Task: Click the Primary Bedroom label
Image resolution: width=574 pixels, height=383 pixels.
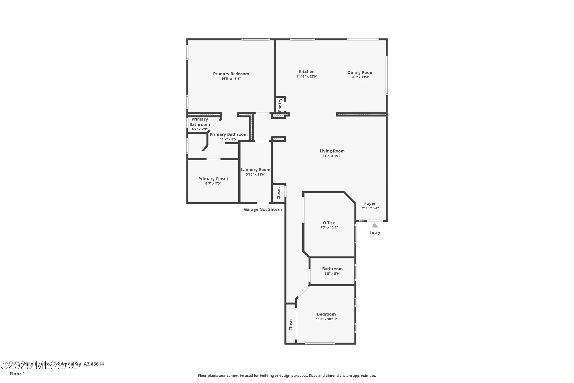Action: (231, 74)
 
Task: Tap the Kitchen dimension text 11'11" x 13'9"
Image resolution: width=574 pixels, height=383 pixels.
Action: (307, 76)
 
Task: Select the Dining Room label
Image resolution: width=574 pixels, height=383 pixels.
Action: (360, 72)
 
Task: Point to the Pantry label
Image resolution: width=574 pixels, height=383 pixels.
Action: (280, 105)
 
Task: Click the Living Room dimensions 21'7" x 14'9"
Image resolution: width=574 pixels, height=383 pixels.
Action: (332, 156)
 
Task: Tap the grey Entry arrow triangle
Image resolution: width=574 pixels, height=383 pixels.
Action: (375, 225)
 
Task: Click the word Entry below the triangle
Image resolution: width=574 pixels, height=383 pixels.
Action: (375, 232)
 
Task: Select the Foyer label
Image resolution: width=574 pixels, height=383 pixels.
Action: (370, 203)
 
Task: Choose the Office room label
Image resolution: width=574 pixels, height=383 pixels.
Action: (329, 223)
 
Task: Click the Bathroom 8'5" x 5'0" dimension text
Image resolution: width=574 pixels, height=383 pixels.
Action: (332, 274)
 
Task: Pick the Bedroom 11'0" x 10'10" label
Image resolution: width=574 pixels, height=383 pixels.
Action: (326, 314)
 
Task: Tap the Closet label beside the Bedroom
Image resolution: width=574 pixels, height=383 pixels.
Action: (290, 324)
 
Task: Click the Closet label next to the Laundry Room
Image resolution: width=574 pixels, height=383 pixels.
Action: (278, 193)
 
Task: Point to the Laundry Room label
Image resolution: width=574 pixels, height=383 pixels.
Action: (255, 170)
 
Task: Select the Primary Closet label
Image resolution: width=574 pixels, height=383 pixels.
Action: (213, 179)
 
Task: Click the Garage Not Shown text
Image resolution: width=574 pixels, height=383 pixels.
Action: (263, 209)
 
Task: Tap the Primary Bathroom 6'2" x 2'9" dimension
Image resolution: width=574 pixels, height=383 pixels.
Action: (199, 129)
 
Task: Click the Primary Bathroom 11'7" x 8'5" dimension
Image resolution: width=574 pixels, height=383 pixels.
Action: (228, 139)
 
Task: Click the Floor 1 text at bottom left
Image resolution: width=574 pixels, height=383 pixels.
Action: (17, 374)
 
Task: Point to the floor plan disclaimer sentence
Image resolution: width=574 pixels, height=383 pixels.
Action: (287, 376)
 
